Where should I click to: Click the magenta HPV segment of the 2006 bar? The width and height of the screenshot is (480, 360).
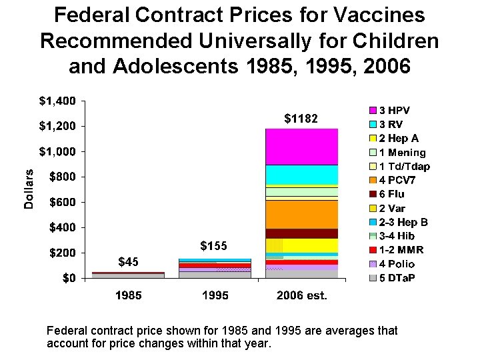coord(301,147)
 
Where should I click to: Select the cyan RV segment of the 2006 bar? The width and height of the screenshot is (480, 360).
coord(301,174)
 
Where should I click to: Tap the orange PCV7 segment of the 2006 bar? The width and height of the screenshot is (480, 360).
coord(301,214)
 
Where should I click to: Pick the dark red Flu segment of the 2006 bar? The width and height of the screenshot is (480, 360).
coord(301,233)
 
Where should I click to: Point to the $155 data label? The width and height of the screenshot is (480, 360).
coord(214,246)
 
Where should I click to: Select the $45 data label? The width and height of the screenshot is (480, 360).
coord(128,261)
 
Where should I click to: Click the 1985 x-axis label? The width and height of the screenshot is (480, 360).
coord(128,295)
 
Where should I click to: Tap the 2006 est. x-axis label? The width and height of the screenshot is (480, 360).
coord(301,295)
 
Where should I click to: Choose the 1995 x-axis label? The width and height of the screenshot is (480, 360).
coord(215,295)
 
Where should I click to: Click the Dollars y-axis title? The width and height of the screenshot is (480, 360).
coord(29,189)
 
